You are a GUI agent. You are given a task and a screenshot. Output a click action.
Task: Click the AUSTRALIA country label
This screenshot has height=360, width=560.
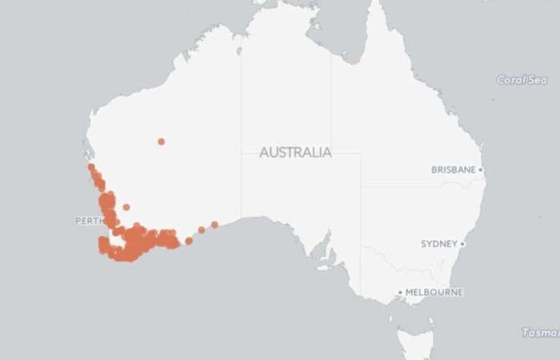295,152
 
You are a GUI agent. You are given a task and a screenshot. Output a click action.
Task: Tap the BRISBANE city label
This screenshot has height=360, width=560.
454,170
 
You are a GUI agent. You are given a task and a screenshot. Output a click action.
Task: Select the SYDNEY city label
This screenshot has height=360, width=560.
439,243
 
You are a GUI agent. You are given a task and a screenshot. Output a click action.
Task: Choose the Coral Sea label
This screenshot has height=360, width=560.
522,80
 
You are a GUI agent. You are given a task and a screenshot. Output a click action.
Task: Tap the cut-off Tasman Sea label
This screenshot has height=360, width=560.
540,332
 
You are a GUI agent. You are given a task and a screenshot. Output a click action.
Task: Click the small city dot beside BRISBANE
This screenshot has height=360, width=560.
481,170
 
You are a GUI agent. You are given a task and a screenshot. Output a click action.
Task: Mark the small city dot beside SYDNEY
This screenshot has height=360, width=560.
462,243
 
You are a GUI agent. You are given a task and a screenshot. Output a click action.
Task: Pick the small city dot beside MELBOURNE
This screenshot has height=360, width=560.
401,293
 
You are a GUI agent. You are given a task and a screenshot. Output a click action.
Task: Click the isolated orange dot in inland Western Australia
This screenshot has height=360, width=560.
161,142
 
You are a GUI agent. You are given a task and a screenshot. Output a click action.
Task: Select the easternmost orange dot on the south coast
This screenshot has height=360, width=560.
214,224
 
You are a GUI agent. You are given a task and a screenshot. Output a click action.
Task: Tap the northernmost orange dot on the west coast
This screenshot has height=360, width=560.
91,166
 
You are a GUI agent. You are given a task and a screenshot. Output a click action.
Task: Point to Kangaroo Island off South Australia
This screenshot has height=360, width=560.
324,268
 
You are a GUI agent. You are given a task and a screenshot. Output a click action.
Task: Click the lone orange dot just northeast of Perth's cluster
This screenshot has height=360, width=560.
126,207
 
